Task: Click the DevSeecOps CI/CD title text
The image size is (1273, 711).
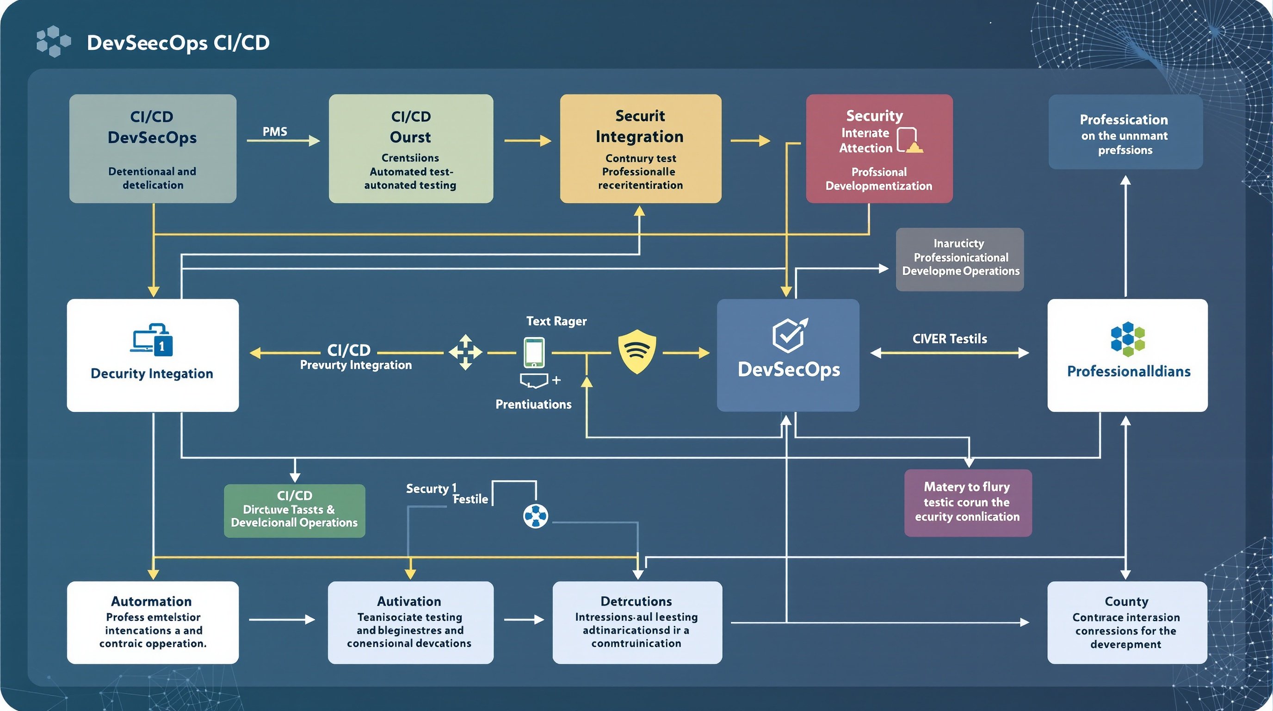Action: (178, 43)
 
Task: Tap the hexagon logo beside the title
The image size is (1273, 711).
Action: (53, 42)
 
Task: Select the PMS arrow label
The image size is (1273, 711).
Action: (275, 131)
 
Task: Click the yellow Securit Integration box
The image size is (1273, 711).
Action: (641, 148)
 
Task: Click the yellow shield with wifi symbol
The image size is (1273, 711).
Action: (637, 351)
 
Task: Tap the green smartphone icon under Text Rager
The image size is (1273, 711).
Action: (534, 353)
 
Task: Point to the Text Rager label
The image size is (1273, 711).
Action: (556, 321)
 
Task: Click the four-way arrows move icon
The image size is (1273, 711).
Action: (465, 353)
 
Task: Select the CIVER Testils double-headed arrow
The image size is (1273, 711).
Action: (949, 353)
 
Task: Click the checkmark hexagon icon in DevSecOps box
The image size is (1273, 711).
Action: (789, 335)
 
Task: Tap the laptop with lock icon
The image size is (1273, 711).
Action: (152, 340)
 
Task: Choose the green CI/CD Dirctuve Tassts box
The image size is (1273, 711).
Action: (295, 510)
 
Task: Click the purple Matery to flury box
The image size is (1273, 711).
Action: (968, 502)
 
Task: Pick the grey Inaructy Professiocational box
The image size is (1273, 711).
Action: (959, 259)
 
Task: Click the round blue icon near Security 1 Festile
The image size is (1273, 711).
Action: (536, 516)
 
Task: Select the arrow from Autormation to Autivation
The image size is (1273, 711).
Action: (282, 619)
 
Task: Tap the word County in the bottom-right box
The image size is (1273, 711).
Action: (1126, 602)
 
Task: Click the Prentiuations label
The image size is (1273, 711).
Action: (533, 405)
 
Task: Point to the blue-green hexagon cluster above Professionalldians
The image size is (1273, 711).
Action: (1127, 339)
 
